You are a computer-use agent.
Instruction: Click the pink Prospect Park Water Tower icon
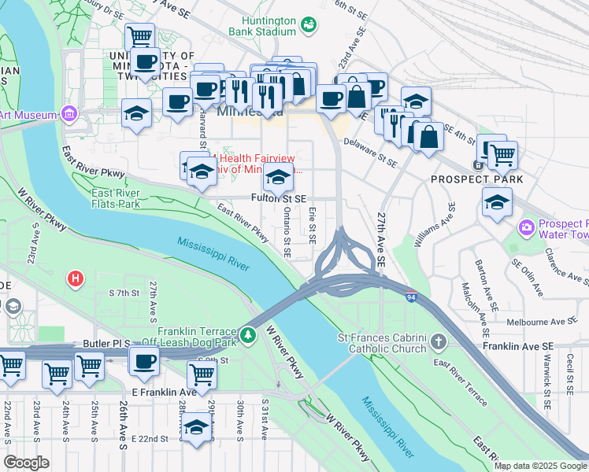[526, 228]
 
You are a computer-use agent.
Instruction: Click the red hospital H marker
[76, 278]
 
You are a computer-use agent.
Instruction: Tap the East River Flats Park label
[115, 198]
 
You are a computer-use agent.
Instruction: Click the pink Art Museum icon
[69, 115]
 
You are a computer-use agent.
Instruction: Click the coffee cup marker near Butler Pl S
[145, 360]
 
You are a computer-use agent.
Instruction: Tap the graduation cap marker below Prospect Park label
[496, 202]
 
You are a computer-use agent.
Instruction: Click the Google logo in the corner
[27, 462]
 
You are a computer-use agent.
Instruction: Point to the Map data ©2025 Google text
[539, 466]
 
